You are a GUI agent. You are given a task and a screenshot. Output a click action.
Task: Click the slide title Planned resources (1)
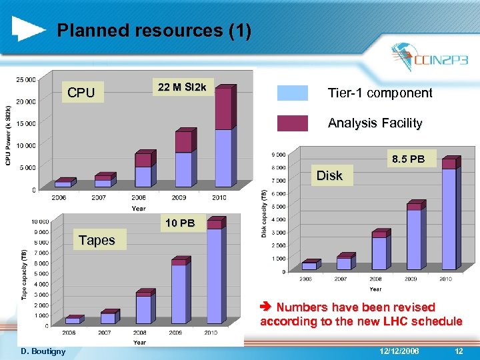(154, 31)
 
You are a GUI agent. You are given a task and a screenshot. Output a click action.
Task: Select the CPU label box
(81, 93)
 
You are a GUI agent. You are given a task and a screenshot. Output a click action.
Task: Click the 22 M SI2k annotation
(182, 88)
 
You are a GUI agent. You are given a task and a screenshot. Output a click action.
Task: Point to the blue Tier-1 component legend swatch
(292, 93)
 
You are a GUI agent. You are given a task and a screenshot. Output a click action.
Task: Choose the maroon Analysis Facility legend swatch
(292, 123)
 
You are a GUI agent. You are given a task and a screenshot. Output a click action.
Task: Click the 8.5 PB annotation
(408, 159)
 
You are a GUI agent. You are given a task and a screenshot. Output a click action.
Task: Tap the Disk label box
(329, 175)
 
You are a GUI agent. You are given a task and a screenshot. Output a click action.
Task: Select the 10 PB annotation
(181, 223)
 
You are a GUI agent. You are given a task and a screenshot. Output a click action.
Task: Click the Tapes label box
(97, 240)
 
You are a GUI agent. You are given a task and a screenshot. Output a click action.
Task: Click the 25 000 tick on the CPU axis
(27, 80)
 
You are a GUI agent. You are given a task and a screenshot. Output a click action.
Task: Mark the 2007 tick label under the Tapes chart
(105, 332)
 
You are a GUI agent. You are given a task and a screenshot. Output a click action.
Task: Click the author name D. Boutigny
(44, 351)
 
